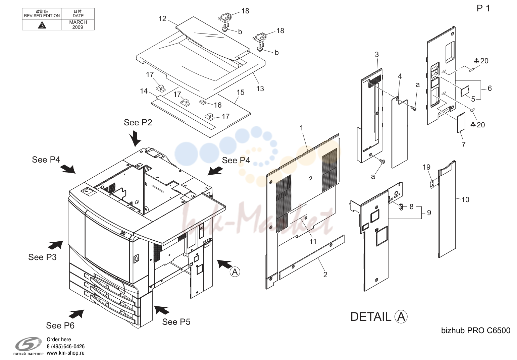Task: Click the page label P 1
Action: click(483, 8)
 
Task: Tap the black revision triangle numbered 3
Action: click(42, 25)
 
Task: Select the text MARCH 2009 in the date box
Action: click(78, 25)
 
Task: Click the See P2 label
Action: click(138, 122)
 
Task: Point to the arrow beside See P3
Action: click(55, 245)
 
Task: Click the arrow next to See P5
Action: click(162, 310)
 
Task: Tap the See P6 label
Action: click(60, 325)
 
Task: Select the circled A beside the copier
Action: click(235, 272)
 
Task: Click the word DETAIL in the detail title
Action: click(371, 317)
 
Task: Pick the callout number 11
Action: click(313, 241)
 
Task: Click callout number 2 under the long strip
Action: click(325, 275)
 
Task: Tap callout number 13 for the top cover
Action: click(260, 88)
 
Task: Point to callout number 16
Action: click(218, 105)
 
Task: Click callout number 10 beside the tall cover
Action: click(465, 199)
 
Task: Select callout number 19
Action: click(426, 167)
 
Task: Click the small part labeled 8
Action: click(401, 206)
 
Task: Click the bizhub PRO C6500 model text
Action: click(476, 331)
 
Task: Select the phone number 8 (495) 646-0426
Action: click(65, 346)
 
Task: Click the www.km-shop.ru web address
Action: click(65, 353)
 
